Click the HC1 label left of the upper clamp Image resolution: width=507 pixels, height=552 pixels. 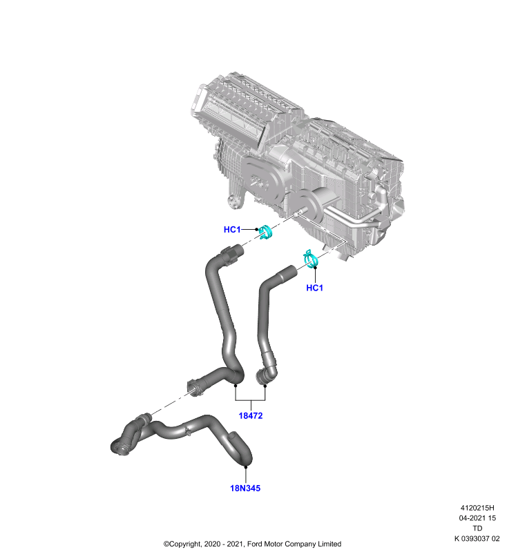point(232,230)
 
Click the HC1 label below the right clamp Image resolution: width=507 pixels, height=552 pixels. point(314,288)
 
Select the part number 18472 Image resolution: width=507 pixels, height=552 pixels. point(251,416)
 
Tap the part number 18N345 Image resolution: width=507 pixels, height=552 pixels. point(245,489)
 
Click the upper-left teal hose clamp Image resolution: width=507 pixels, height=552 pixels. point(265,233)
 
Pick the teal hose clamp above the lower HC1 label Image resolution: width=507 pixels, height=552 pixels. point(310,259)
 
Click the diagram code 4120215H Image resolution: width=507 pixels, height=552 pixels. point(477,508)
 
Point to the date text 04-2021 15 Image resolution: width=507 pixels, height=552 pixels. point(477,518)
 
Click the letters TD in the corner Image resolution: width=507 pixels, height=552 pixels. point(477,529)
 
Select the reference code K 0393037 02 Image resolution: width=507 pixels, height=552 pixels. point(477,539)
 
